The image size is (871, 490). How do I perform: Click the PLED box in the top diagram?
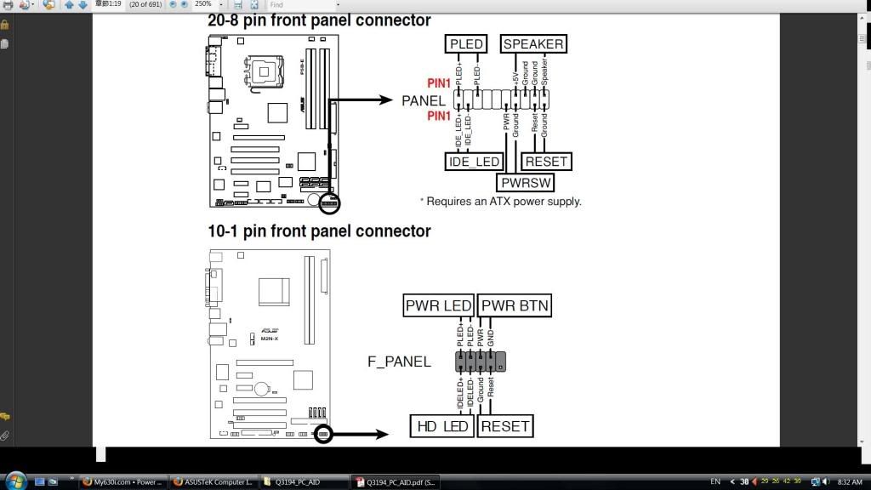tap(466, 44)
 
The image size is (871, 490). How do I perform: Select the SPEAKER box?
tap(533, 44)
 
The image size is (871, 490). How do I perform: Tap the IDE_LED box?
tap(474, 162)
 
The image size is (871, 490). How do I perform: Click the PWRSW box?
tap(526, 182)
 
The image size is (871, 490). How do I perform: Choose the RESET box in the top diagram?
tap(546, 162)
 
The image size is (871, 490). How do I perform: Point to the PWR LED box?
tap(438, 305)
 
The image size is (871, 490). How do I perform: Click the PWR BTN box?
tap(515, 305)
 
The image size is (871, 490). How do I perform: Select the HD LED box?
tap(442, 426)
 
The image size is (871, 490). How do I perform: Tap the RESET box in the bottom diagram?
tap(505, 426)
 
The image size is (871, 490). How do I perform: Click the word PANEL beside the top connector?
tap(424, 100)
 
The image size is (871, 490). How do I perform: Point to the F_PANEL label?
tap(399, 362)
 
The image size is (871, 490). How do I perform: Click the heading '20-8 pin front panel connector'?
tap(319, 20)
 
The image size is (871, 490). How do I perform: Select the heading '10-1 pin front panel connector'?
tap(319, 231)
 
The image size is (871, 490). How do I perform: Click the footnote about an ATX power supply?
tap(501, 202)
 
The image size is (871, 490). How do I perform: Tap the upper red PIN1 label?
tap(439, 83)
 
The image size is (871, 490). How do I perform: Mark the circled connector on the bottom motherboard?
tap(322, 434)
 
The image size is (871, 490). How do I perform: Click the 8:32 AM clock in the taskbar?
tap(850, 482)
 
